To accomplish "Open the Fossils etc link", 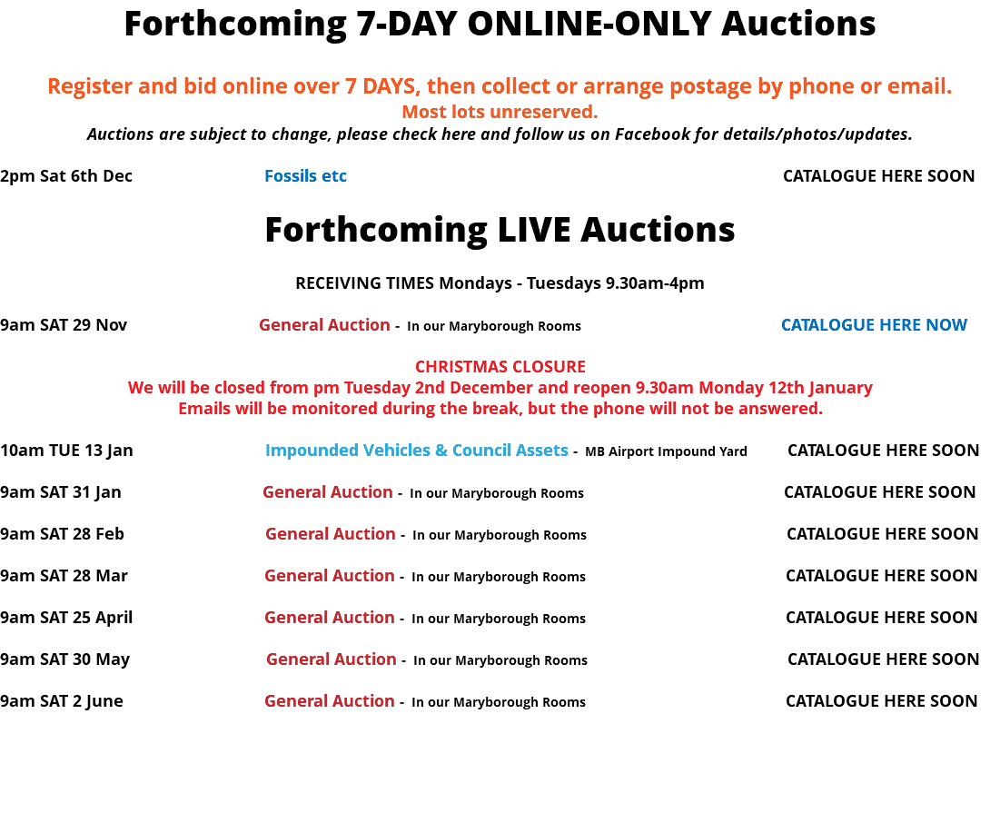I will pos(305,176).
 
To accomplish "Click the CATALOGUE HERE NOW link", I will pos(874,325).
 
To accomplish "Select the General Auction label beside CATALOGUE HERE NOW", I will pos(324,325).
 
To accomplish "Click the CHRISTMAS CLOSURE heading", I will pos(500,367).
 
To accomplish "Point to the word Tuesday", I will pos(376,388).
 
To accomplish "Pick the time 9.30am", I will pos(662,388).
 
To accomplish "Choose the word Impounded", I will pos(312,451).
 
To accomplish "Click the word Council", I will pos(475,451).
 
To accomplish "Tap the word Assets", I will pos(543,451).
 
